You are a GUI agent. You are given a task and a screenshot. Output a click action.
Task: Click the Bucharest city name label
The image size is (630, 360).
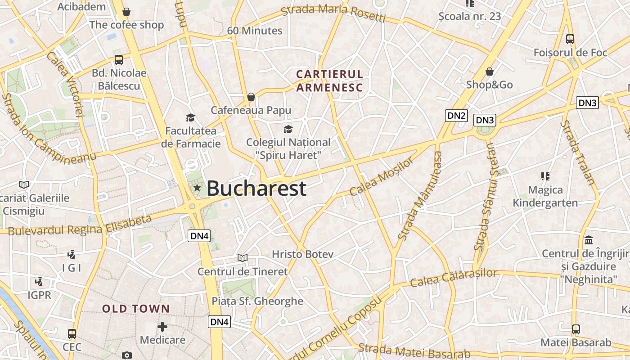pyautogui.click(x=256, y=188)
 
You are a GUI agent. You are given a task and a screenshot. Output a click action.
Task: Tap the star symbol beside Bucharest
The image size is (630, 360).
pyautogui.click(x=197, y=188)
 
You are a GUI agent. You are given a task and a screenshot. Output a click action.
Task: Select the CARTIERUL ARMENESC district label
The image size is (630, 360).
pyautogui.click(x=329, y=81)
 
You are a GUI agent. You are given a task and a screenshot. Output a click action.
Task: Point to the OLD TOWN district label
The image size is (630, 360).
pyautogui.click(x=136, y=309)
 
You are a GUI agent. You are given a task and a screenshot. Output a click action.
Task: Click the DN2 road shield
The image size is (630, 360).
pyautogui.click(x=456, y=116)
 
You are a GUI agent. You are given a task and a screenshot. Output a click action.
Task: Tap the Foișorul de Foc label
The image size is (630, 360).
pyautogui.click(x=570, y=53)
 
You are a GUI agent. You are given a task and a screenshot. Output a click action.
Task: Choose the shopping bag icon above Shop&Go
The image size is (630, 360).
pyautogui.click(x=489, y=72)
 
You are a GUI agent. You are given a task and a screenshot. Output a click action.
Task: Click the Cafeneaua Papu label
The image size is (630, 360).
pyautogui.click(x=251, y=110)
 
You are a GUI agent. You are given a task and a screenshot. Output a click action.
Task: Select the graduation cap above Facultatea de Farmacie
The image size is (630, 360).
pyautogui.click(x=190, y=118)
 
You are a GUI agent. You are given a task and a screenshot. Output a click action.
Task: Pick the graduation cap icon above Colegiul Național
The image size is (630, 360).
pyautogui.click(x=288, y=130)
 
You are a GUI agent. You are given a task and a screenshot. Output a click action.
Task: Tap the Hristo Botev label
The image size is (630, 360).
pyautogui.click(x=302, y=254)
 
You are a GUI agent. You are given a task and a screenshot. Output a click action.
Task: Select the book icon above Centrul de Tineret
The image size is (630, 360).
pyautogui.click(x=243, y=258)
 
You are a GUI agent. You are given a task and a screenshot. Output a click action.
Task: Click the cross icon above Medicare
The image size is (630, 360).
pyautogui.click(x=162, y=326)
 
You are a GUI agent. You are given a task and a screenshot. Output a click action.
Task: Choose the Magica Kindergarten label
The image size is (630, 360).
pyautogui.click(x=545, y=196)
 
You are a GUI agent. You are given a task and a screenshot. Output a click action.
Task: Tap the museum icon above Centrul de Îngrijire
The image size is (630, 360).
pyautogui.click(x=589, y=240)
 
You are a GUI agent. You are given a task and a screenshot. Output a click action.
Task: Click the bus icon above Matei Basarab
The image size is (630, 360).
pyautogui.click(x=576, y=329)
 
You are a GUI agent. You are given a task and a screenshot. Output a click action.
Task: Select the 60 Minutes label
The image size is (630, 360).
pyautogui.click(x=254, y=31)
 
